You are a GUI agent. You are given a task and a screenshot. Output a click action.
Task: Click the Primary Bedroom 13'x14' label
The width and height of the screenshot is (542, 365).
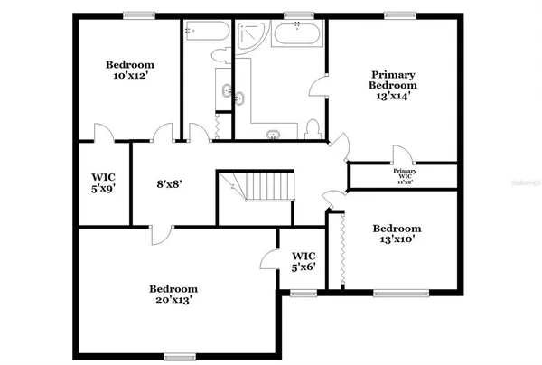click(391, 84)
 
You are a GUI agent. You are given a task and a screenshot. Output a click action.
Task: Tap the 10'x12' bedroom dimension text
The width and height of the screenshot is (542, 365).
click(129, 77)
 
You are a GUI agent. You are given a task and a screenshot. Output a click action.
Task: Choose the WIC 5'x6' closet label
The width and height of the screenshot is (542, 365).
click(303, 262)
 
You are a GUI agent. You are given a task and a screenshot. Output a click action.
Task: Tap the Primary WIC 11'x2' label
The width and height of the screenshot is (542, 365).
click(404, 175)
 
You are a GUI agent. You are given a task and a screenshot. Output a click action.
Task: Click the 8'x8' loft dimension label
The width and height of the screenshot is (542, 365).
click(169, 183)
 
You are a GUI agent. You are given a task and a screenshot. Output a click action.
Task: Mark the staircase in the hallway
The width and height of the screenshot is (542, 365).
click(261, 188)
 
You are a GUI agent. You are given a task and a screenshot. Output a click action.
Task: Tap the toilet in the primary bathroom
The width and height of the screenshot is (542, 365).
click(313, 129)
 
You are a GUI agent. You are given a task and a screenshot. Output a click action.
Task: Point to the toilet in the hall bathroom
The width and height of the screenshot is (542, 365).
click(221, 56)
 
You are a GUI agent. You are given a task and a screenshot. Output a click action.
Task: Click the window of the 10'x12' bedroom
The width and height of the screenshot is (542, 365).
click(136, 14)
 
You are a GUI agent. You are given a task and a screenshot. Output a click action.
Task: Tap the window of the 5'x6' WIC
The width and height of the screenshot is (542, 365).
click(303, 292)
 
